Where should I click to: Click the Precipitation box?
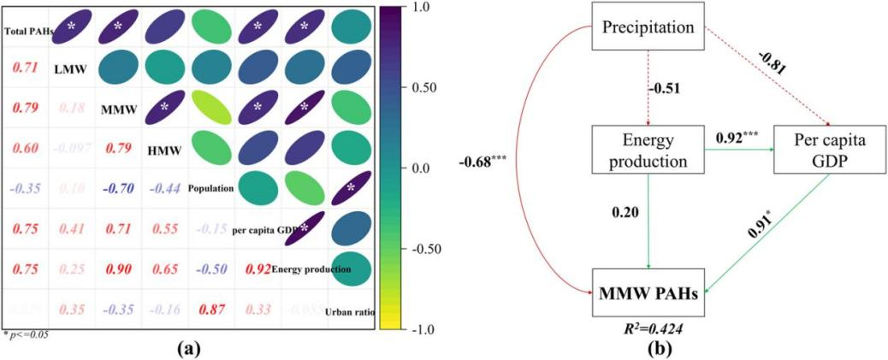(648, 27)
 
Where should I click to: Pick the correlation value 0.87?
(210, 310)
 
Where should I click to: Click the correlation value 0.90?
(118, 269)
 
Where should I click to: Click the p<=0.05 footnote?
(26, 334)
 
